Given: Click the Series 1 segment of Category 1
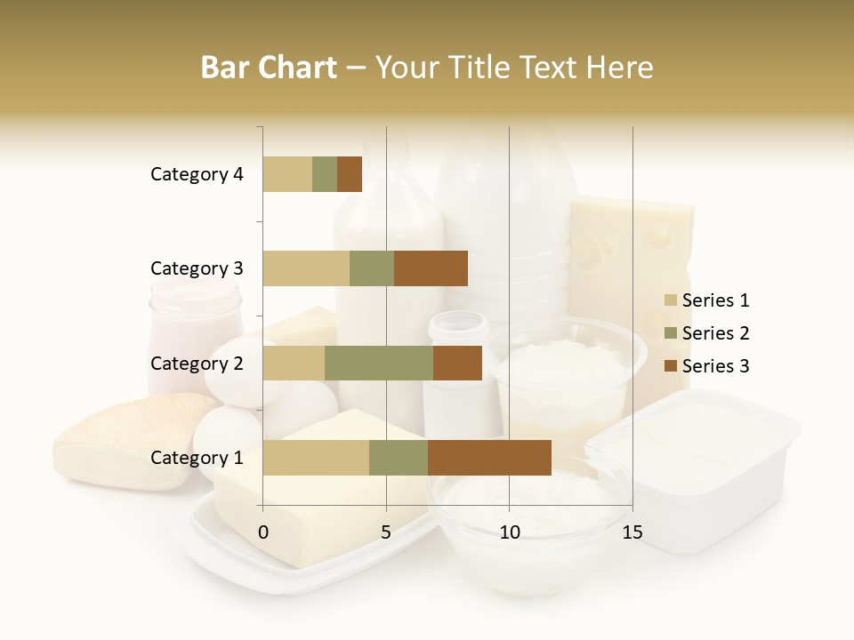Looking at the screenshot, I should pos(316,458).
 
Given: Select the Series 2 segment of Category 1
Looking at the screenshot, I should pos(399,458).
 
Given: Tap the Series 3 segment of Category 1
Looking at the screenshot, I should pos(489,458).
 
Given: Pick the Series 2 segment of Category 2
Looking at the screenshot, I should pos(379,363).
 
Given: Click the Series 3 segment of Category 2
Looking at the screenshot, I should pos(457,363).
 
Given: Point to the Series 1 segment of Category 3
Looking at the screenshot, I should pos(306,268).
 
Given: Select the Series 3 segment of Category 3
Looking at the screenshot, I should pos(431,268).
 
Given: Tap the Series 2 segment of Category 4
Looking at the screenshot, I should pos(325,174).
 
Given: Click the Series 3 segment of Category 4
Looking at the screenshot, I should pos(350,174).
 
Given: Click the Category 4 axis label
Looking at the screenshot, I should pos(197,174).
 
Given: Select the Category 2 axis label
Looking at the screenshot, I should pos(197,363).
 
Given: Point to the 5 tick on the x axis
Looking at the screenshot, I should pos(386,532).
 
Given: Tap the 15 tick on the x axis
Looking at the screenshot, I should pos(632,532).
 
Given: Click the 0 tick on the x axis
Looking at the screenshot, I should pos(263,532).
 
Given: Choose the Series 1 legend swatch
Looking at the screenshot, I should pos(671,300).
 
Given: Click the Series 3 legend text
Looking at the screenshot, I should pos(715,366).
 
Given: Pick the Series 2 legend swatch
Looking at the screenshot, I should pos(671,333).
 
